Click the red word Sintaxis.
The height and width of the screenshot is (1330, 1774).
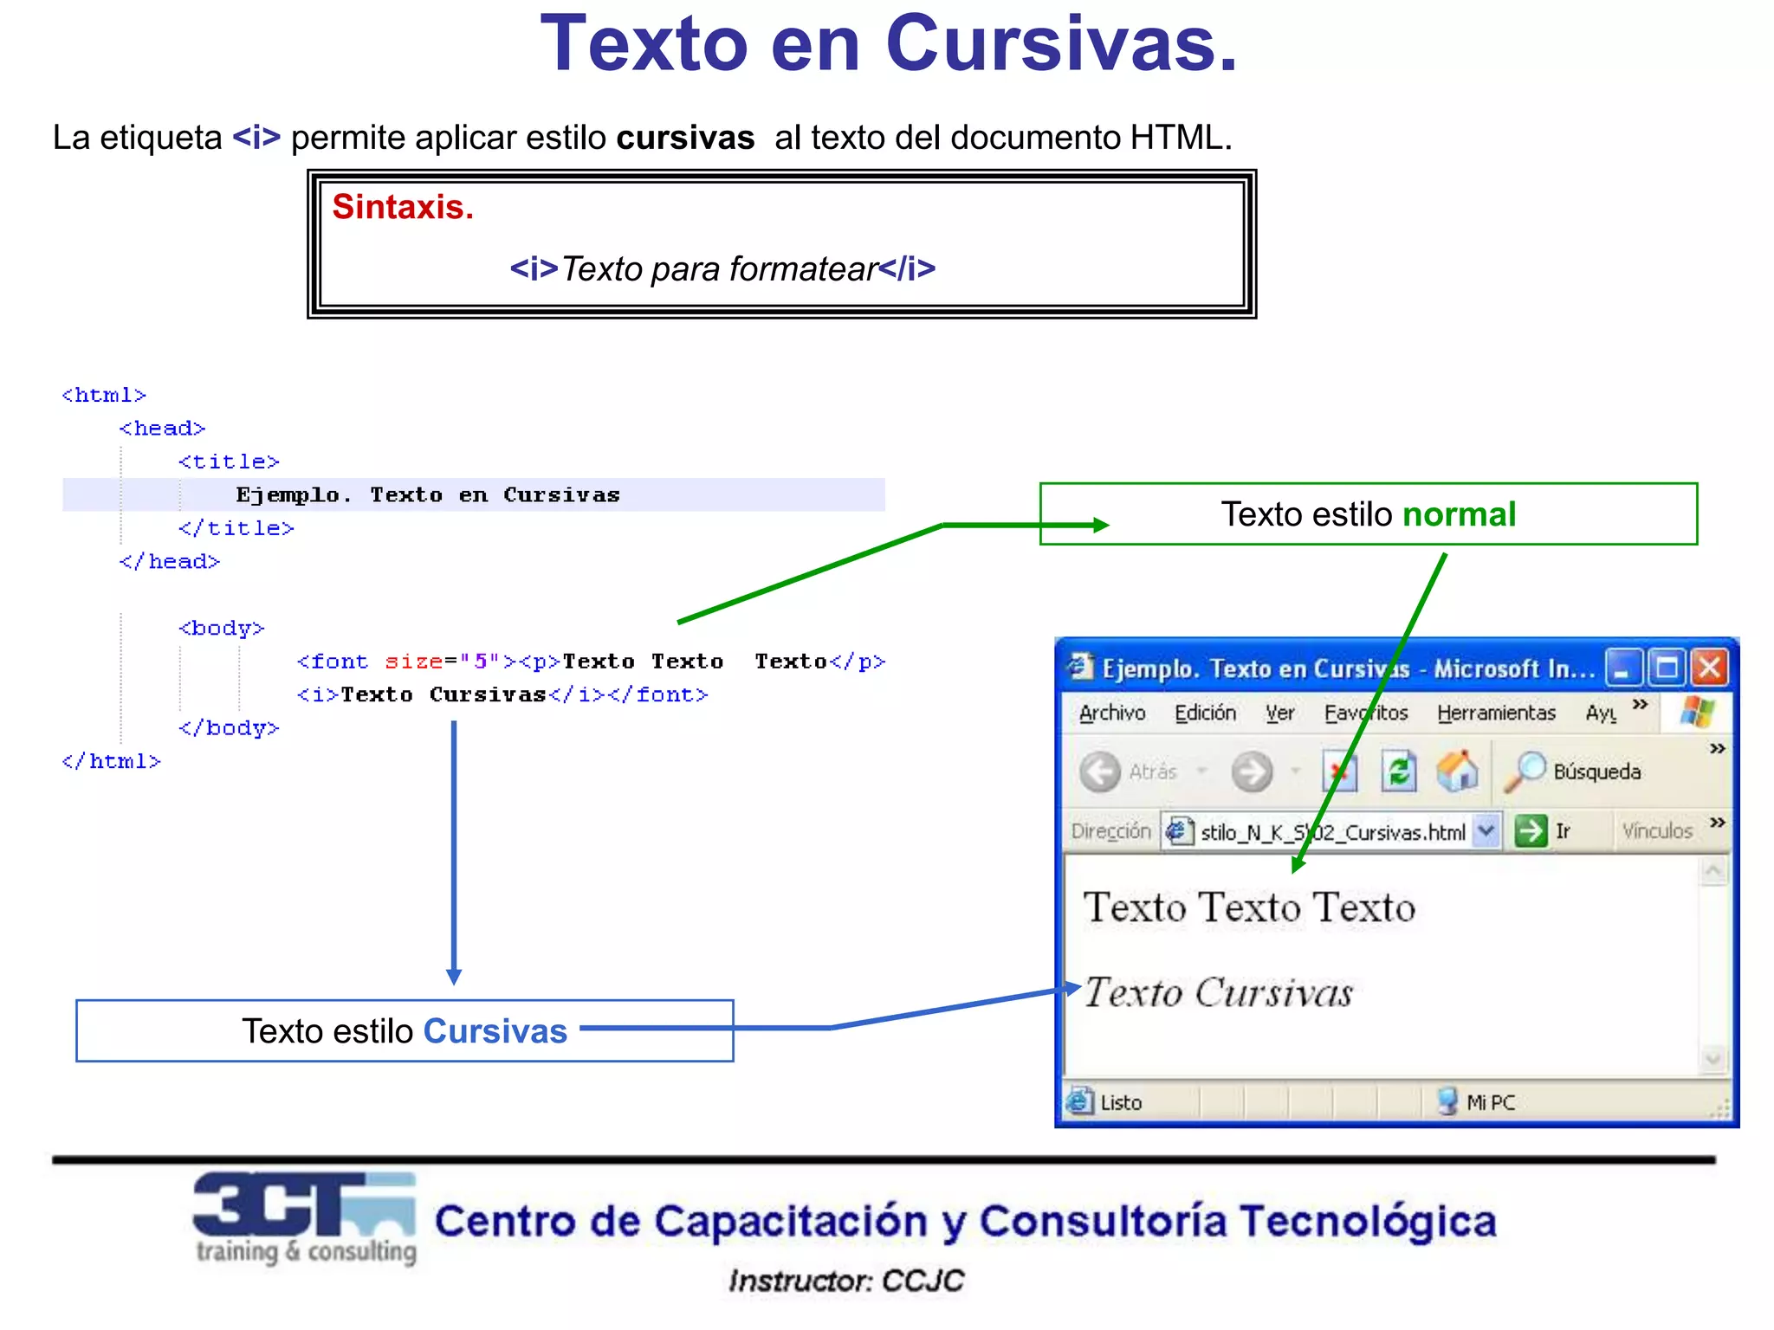coord(403,208)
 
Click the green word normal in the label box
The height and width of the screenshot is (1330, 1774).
coord(1459,514)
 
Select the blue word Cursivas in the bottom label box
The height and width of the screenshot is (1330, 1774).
coord(495,1031)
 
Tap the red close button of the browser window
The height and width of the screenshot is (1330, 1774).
coord(1710,668)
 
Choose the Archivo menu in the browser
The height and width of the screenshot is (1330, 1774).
coord(1112,713)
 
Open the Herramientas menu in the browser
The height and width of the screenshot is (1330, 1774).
coord(1496,713)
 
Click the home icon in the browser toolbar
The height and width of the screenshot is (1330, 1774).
coord(1457,771)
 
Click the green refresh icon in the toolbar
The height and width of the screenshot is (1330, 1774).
coord(1398,771)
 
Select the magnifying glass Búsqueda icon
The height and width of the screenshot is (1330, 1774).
coord(1525,771)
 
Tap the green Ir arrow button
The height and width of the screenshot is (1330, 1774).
coord(1531,831)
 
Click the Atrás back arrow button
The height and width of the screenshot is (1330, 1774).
coord(1100,771)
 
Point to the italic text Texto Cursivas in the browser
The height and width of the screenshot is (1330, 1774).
coord(1218,992)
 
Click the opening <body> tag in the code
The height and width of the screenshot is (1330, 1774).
coord(221,628)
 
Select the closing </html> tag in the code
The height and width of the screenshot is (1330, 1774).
coord(111,761)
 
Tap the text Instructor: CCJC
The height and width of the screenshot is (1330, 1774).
coord(845,1281)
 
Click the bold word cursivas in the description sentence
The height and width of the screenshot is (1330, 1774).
coord(685,138)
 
